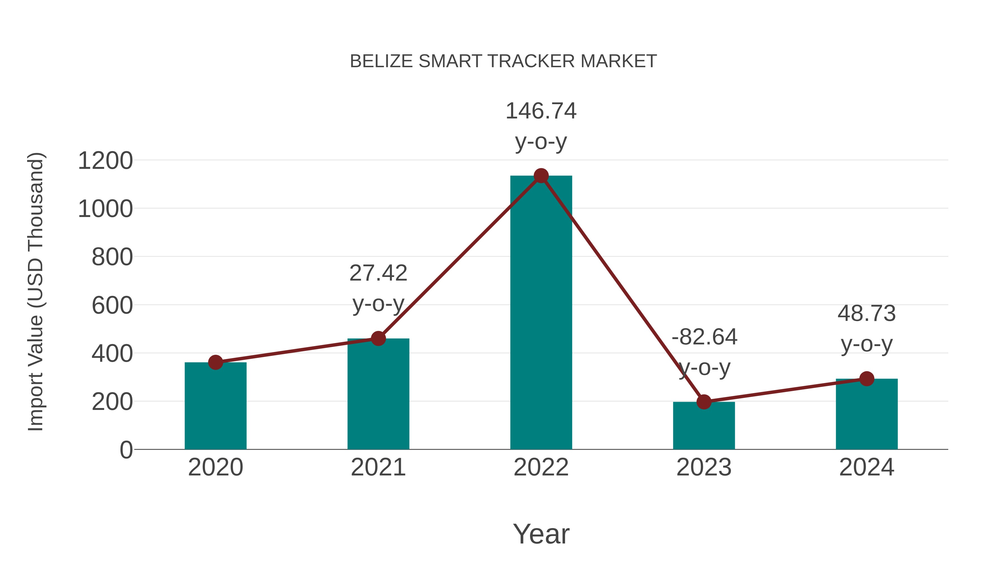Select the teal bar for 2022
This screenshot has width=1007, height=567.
(x=541, y=313)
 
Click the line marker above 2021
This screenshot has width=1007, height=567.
(x=378, y=339)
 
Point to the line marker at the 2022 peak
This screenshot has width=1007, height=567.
(x=541, y=176)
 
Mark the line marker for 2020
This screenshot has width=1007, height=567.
(x=215, y=362)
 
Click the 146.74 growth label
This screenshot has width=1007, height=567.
(x=541, y=111)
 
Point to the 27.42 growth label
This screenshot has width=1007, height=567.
(x=378, y=273)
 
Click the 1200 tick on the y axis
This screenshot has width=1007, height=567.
(x=105, y=160)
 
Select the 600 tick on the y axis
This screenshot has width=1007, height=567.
(x=112, y=305)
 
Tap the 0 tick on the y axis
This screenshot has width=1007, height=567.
(x=126, y=450)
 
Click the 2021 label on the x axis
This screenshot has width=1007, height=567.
(x=378, y=467)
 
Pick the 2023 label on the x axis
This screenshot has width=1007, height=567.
(x=704, y=467)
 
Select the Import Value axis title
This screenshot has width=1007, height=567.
(x=35, y=291)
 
